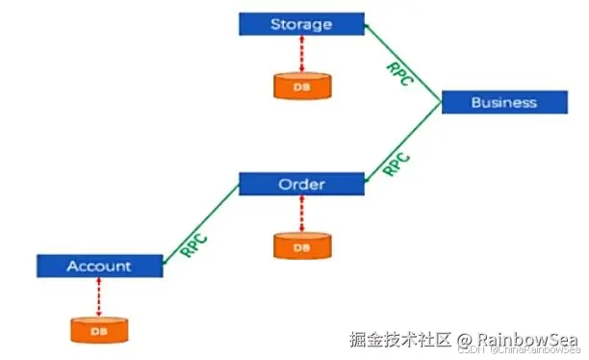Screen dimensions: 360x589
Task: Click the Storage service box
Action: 300,23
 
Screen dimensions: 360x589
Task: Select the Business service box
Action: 503,102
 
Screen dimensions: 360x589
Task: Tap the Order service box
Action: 300,184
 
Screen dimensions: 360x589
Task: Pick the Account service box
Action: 98,265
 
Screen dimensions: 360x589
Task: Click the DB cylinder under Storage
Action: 301,86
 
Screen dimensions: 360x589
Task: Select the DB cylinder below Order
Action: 301,246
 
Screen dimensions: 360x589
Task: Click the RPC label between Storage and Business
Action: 399,74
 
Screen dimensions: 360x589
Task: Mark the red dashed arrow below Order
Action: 301,214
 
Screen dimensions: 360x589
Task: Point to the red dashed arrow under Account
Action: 98,296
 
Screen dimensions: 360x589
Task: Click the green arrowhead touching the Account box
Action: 166,258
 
